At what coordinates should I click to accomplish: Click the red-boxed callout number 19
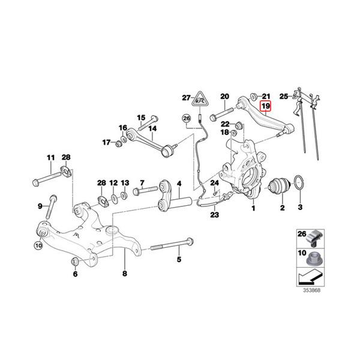[x=265, y=107]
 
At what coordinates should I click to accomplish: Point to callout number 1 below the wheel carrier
[x=253, y=209]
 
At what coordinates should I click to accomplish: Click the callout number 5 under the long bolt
[x=178, y=260]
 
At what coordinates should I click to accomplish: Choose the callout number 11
[x=50, y=158]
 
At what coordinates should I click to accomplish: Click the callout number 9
[x=41, y=206]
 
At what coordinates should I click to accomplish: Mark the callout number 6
[x=76, y=274]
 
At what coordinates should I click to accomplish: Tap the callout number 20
[x=225, y=96]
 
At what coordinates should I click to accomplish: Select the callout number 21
[x=267, y=96]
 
